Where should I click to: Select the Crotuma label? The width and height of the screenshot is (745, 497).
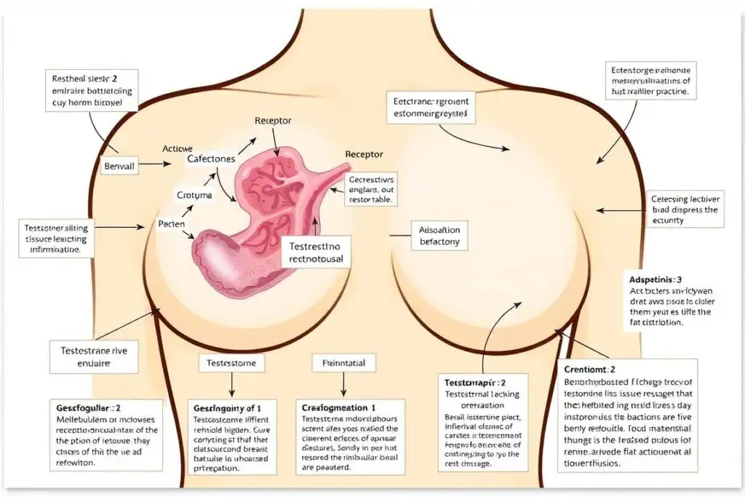[194, 195]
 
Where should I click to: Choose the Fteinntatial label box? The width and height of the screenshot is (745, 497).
[338, 362]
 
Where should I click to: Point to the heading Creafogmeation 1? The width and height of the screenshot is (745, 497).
[338, 408]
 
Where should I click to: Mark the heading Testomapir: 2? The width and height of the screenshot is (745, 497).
[475, 382]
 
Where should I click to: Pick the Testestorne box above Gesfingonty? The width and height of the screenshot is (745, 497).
[231, 362]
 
